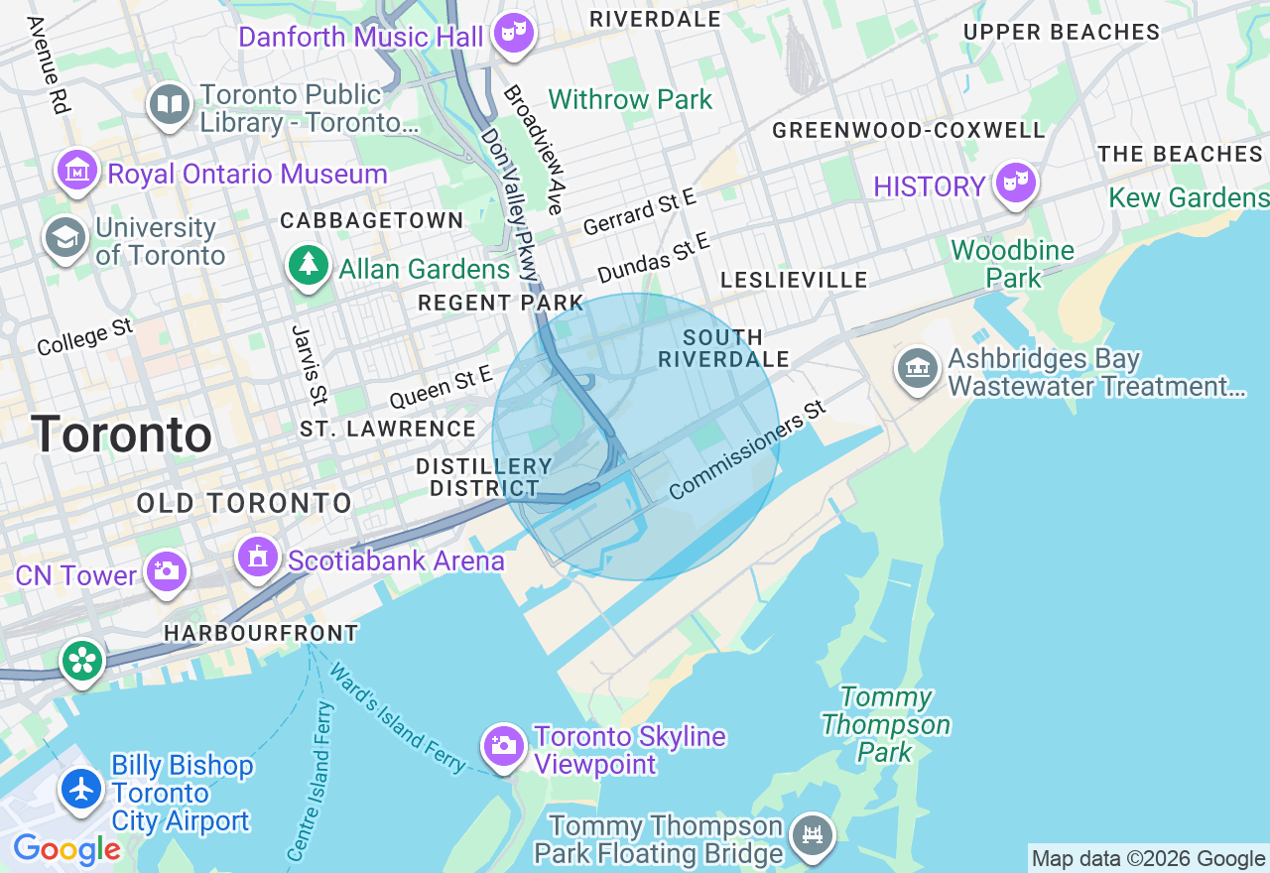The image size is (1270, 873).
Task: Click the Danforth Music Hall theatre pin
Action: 514,33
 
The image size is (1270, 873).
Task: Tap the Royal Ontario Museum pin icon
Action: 76,172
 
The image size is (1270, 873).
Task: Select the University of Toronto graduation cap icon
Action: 65,238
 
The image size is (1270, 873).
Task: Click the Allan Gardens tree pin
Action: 309,265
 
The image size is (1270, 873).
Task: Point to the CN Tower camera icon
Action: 166,571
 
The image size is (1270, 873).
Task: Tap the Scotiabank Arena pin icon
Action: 258,558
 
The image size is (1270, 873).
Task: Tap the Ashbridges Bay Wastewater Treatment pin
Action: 918,369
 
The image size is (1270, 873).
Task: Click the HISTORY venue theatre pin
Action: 1015,183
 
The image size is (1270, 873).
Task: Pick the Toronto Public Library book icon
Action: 170,104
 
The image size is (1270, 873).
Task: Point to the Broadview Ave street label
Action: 533,149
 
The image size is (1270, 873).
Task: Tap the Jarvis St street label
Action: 310,364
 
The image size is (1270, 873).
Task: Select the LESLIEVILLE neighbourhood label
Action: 794,281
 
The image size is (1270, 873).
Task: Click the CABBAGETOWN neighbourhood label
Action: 372,220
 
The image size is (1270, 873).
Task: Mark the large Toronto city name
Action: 121,435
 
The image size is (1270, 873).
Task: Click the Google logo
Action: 66,849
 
